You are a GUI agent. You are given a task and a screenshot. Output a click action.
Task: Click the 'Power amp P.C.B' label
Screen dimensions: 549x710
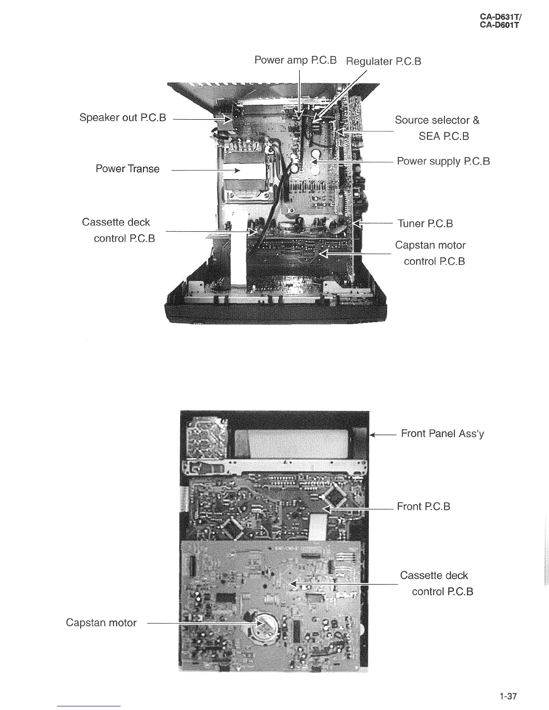point(295,60)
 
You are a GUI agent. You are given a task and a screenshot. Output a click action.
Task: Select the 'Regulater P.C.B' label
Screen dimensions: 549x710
point(383,61)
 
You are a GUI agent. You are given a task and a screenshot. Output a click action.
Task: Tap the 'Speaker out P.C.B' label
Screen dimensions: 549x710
point(122,117)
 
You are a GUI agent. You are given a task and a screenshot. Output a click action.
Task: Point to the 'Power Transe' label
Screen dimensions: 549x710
point(127,169)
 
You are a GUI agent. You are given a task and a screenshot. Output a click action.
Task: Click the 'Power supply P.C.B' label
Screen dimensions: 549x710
point(443,161)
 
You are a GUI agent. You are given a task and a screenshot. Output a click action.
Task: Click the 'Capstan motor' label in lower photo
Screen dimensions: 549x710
point(101,623)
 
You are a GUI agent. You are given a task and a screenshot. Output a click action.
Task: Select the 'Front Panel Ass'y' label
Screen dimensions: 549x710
point(442,433)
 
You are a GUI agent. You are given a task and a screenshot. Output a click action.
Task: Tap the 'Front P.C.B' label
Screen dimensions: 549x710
point(423,507)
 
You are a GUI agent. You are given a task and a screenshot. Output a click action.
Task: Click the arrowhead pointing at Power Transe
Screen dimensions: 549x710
point(237,171)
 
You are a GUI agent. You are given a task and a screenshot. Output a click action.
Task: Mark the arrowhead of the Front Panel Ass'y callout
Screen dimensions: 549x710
point(372,434)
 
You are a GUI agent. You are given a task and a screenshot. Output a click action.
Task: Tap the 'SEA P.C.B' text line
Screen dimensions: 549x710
point(444,136)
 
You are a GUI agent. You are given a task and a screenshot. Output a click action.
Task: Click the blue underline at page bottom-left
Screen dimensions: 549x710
point(89,706)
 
